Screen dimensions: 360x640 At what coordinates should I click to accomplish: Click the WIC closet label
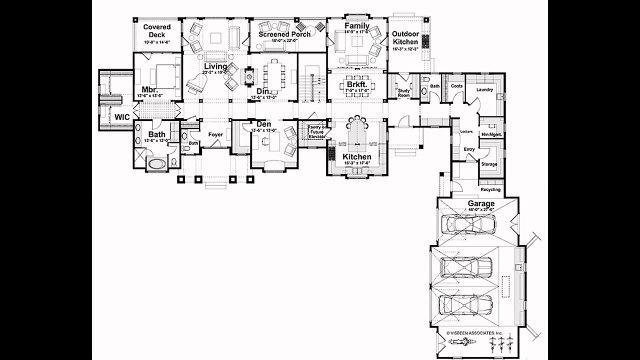pyautogui.click(x=121, y=118)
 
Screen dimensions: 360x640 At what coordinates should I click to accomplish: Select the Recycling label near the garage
pyautogui.click(x=491, y=188)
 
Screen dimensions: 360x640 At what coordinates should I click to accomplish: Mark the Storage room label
pyautogui.click(x=489, y=164)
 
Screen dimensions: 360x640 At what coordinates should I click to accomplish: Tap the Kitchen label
pyautogui.click(x=357, y=158)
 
